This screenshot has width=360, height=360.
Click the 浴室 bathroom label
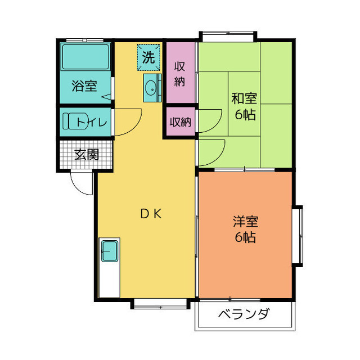click(x=84, y=87)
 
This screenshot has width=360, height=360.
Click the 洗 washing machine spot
click(x=148, y=56)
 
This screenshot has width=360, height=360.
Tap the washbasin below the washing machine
click(x=151, y=88)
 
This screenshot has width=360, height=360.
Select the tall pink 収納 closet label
click(x=179, y=73)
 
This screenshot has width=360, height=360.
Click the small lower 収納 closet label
click(x=180, y=121)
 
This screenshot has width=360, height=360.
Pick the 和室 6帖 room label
click(x=244, y=106)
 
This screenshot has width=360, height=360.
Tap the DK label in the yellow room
click(x=151, y=213)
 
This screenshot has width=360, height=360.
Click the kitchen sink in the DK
click(x=110, y=250)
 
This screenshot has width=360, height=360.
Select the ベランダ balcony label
click(x=244, y=314)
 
